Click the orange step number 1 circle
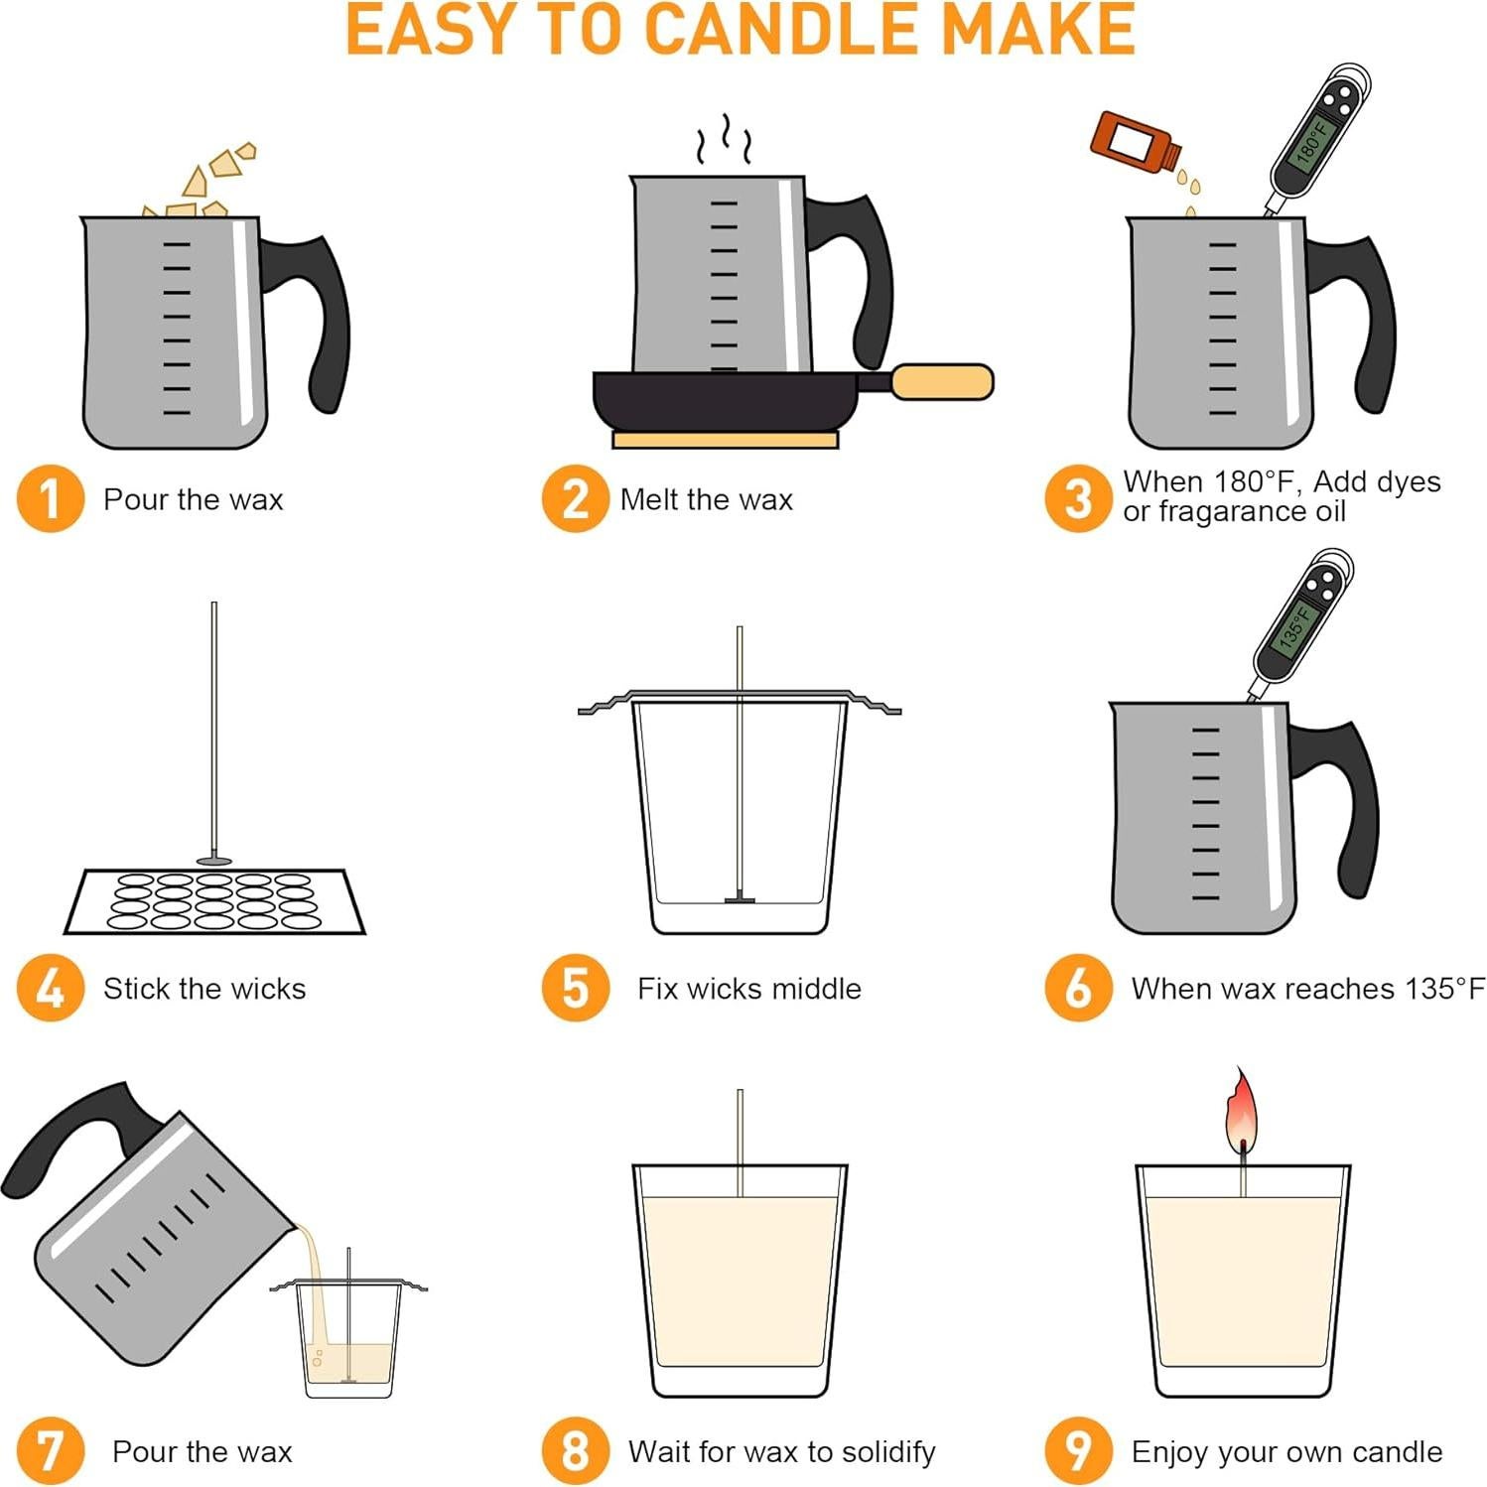coord(50,498)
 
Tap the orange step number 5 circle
coord(575,988)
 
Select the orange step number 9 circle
coord(1078,1450)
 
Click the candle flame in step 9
coord(1241,1110)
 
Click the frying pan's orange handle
coord(941,382)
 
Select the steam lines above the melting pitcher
coord(724,140)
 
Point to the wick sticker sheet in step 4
coord(214,901)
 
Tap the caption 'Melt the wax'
coord(706,499)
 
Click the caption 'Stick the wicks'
coord(204,989)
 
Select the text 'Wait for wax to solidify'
coord(781,1451)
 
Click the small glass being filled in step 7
coord(349,1340)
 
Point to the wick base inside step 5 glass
coord(740,899)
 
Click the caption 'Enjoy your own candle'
coord(1286,1451)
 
